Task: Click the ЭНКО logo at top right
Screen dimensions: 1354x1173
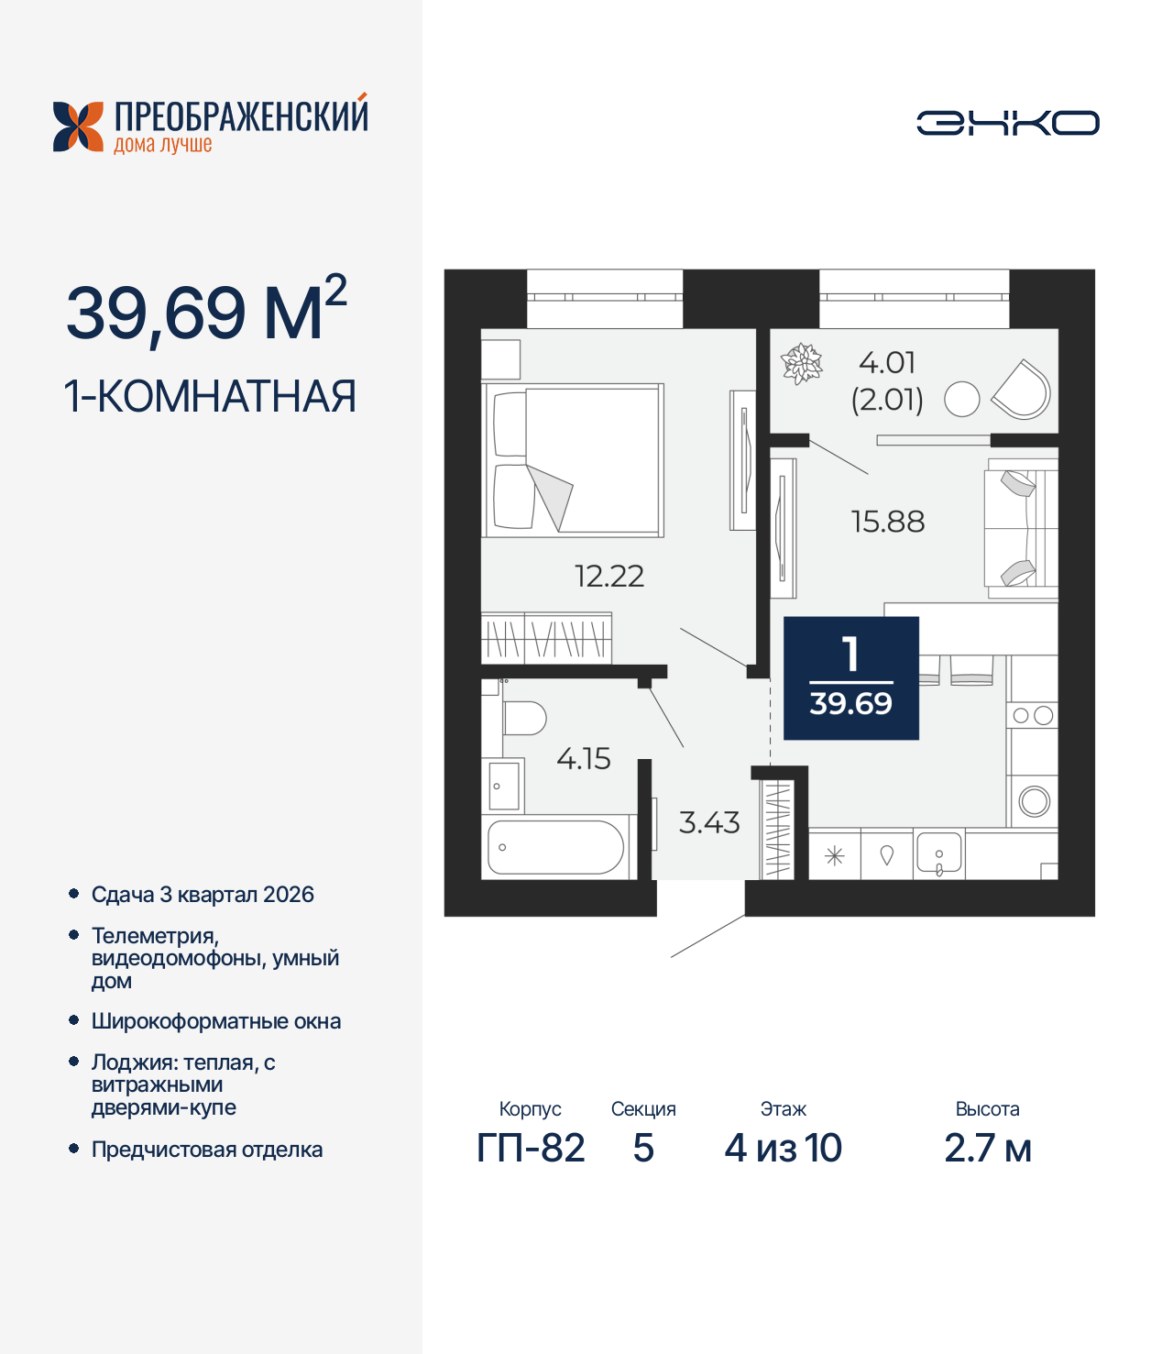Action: (x=1007, y=123)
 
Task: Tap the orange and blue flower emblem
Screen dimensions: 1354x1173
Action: (x=78, y=127)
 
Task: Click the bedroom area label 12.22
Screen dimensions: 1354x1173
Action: (x=609, y=576)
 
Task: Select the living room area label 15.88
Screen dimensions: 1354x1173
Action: (x=888, y=522)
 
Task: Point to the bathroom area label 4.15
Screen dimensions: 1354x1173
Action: (x=584, y=758)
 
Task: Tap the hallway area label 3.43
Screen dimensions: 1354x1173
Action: (x=709, y=822)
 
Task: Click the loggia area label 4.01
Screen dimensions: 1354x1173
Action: (x=887, y=363)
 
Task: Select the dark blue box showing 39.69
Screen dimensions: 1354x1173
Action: (x=851, y=678)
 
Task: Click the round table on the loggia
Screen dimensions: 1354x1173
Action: (x=962, y=399)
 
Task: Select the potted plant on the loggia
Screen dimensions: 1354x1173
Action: (x=802, y=363)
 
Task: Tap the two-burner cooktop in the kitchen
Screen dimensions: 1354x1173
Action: (x=1033, y=715)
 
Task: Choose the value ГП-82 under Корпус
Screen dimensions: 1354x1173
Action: (x=531, y=1148)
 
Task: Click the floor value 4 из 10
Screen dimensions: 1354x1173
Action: (x=784, y=1148)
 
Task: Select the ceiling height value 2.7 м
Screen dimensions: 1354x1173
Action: (x=988, y=1148)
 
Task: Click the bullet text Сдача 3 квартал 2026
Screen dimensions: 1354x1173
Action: (x=203, y=895)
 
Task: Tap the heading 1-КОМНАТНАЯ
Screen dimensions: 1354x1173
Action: (x=210, y=396)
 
